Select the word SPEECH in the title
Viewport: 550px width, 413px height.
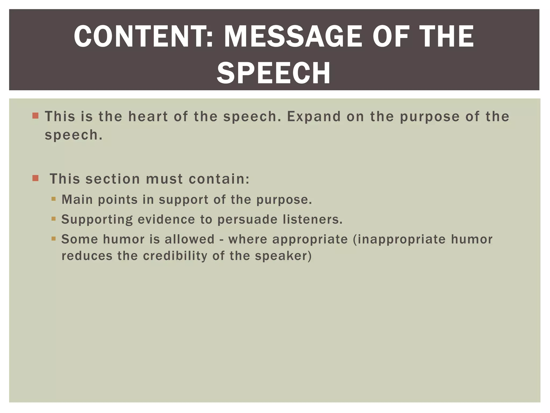click(x=274, y=73)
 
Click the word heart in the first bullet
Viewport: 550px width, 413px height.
click(x=148, y=116)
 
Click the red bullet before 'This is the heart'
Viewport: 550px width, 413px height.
click(x=35, y=116)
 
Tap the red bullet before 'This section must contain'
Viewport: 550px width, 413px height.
click(x=35, y=178)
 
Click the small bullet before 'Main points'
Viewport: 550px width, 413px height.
click(x=53, y=199)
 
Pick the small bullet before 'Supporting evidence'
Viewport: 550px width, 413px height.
click(x=53, y=219)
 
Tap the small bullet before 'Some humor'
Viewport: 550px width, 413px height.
click(x=53, y=238)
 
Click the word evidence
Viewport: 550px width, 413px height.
click(x=166, y=219)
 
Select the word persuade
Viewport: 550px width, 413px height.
click(x=247, y=219)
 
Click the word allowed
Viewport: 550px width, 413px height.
click(x=190, y=239)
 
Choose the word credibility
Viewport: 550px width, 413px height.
click(x=175, y=256)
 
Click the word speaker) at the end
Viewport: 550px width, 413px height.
click(x=283, y=256)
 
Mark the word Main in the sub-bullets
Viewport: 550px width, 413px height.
click(x=77, y=200)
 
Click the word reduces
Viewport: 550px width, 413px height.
click(x=87, y=256)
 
